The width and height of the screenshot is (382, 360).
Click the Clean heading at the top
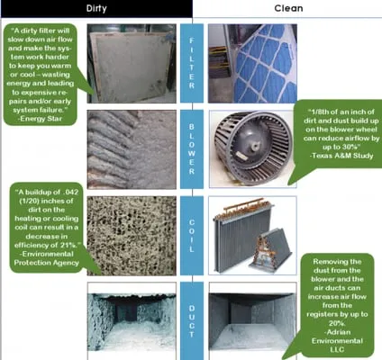[286, 8]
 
